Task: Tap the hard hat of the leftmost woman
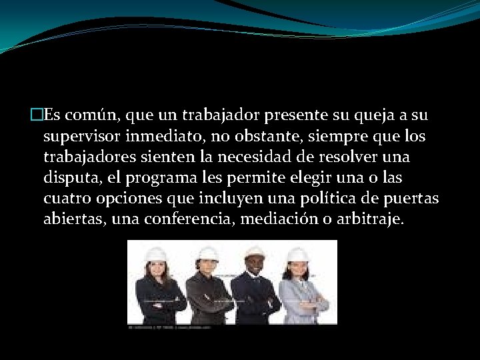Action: pos(155,253)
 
